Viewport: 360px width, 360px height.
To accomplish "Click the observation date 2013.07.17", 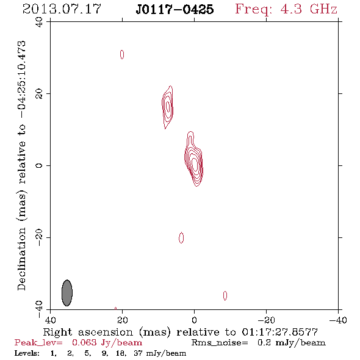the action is [62, 9].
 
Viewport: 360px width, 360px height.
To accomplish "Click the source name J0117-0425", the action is [175, 9].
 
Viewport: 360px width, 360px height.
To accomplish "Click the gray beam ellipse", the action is [67, 293].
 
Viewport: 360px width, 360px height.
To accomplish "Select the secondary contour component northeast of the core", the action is [168, 107].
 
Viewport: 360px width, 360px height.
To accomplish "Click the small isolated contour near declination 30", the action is [122, 54].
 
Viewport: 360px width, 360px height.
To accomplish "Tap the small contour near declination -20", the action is [181, 237].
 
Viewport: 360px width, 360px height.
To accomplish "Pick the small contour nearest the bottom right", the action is [225, 296].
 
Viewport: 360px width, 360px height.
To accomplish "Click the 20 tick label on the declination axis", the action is [39, 94].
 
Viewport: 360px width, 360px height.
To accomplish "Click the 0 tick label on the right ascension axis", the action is [194, 320].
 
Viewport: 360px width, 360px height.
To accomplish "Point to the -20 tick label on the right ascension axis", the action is [266, 320].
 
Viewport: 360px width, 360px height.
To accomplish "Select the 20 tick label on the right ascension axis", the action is [123, 320].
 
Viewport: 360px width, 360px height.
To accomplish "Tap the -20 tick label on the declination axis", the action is [39, 237].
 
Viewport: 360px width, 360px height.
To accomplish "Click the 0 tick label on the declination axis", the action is [39, 165].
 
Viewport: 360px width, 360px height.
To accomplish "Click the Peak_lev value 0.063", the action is [84, 342].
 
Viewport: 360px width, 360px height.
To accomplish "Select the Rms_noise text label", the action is [220, 343].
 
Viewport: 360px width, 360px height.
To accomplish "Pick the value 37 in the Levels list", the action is [139, 353].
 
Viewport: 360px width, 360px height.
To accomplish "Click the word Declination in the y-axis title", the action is [21, 259].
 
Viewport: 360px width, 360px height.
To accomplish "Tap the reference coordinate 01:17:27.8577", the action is [280, 332].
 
